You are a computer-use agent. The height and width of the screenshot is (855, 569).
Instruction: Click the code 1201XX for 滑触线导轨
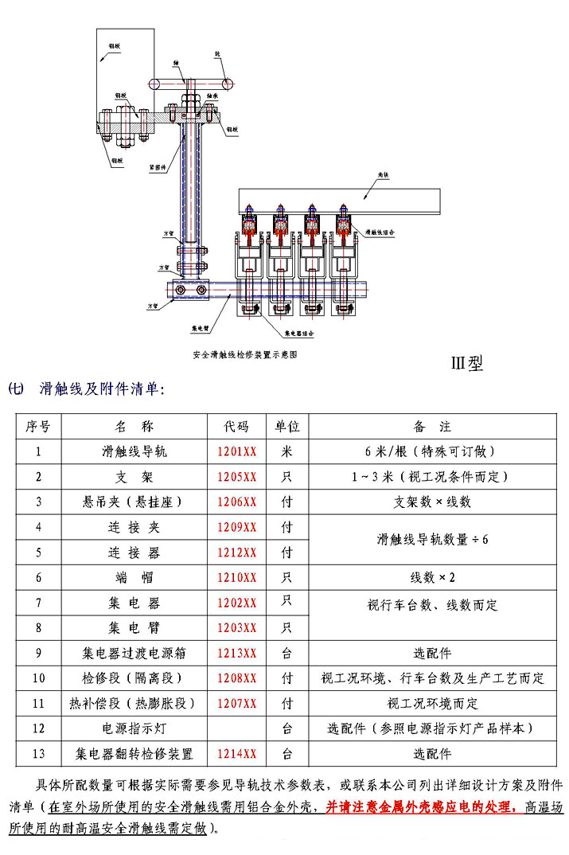coord(237,452)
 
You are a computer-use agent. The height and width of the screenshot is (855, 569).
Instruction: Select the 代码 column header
coord(237,427)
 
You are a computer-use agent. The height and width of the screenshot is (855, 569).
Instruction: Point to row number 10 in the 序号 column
coord(38,679)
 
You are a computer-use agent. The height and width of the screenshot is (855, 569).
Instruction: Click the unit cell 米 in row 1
coord(287,452)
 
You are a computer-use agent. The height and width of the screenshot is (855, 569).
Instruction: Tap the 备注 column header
coord(432,427)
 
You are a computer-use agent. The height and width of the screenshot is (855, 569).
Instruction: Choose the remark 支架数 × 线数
coord(432,502)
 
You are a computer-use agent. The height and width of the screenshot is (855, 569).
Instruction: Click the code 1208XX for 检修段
coord(237,679)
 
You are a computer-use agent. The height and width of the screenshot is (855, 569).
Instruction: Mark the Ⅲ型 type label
coord(467,363)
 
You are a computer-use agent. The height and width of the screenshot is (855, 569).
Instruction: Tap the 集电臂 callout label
coord(200,327)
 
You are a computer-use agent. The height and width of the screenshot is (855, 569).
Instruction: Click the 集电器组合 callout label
coord(298,335)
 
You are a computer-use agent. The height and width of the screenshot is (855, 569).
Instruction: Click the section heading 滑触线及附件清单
coord(102,389)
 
